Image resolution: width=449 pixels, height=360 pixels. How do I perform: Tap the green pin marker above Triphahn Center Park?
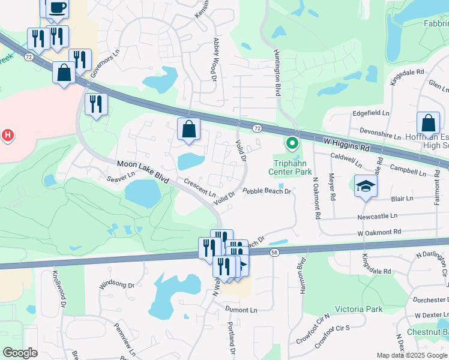pos(292,143)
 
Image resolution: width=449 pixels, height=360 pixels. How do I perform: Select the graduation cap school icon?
pos(364,186)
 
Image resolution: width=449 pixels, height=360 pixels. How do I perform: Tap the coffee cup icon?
pos(57,7)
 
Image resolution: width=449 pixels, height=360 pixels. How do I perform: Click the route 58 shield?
pos(274,253)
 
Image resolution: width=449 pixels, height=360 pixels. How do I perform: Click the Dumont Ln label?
pos(241,310)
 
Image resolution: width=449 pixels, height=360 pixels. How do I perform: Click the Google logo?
pos(20,353)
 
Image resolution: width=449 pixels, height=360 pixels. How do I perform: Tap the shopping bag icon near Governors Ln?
pos(64,73)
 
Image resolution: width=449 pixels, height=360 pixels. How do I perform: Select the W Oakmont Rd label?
pos(379,232)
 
